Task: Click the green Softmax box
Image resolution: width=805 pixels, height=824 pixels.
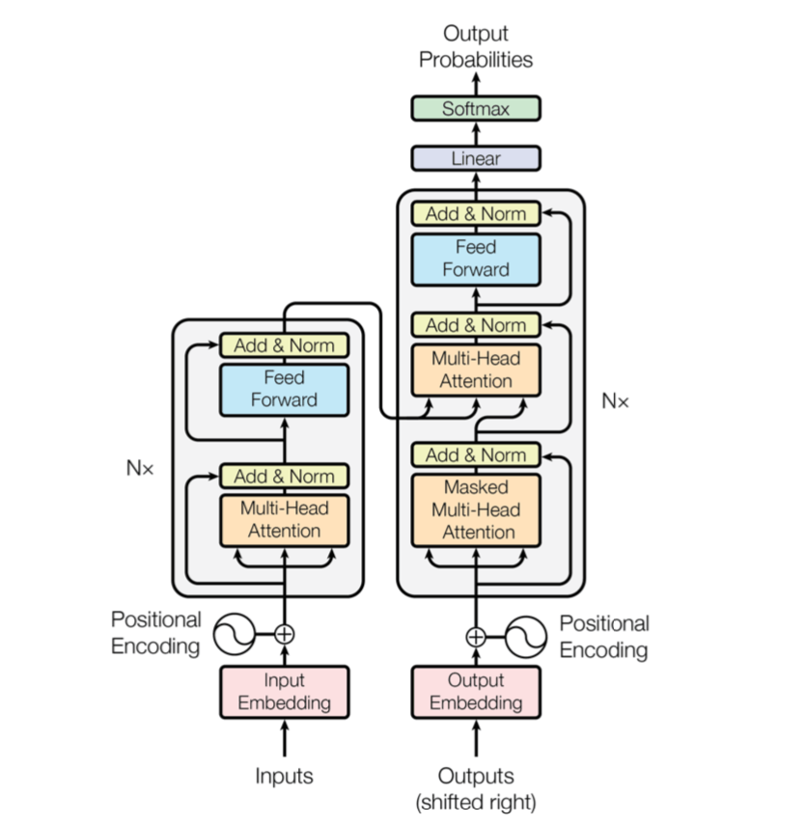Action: click(x=475, y=109)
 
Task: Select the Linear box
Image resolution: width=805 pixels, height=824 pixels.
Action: click(x=475, y=158)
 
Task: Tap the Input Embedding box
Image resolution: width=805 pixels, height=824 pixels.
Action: click(x=284, y=692)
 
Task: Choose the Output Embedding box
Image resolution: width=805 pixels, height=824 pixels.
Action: click(x=475, y=692)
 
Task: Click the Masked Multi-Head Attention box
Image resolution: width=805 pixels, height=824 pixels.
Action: click(x=475, y=509)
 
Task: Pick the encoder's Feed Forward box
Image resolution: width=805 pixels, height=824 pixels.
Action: click(x=284, y=390)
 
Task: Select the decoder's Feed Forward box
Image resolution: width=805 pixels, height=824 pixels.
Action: click(x=475, y=260)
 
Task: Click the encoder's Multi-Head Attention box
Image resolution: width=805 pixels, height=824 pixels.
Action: click(x=284, y=520)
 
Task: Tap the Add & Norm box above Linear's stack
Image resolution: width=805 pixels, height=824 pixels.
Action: click(x=475, y=214)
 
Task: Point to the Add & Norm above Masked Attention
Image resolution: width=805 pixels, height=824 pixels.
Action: click(x=475, y=455)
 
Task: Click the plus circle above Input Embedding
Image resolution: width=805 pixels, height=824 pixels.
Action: click(x=284, y=634)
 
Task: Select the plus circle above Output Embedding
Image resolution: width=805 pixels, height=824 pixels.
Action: click(x=475, y=637)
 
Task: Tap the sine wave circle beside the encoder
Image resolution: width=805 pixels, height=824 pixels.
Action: click(x=235, y=634)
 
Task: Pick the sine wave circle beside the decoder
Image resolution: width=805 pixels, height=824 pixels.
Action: click(x=526, y=637)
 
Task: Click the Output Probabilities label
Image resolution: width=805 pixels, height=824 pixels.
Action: click(x=475, y=46)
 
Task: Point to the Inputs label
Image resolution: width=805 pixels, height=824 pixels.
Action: click(x=284, y=776)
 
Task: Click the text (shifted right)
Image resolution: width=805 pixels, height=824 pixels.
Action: click(x=475, y=803)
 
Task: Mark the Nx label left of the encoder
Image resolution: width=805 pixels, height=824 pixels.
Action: click(x=140, y=468)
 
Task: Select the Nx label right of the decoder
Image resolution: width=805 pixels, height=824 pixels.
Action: click(x=615, y=401)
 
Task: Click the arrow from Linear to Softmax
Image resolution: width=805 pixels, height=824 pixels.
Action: click(x=476, y=133)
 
